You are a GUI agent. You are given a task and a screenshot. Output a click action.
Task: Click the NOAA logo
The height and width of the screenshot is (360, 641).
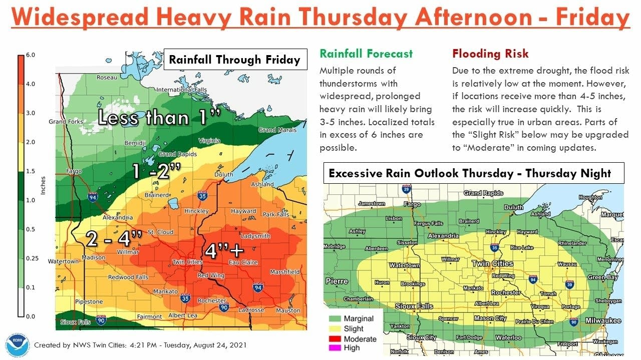point(18,345)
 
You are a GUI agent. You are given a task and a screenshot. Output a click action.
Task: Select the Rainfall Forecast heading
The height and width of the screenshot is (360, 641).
point(366,54)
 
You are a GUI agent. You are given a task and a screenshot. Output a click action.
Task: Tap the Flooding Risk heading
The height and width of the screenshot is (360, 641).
point(490,54)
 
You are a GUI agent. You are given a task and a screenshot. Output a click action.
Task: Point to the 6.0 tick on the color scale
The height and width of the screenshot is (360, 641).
point(30,55)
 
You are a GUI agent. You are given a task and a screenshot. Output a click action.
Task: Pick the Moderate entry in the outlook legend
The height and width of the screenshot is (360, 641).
point(360,339)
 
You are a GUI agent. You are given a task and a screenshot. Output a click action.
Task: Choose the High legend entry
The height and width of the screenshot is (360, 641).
point(352,348)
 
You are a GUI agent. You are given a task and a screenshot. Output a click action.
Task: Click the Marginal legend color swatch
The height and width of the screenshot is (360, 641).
point(335,319)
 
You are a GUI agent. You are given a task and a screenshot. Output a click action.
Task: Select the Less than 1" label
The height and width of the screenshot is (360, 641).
point(159,118)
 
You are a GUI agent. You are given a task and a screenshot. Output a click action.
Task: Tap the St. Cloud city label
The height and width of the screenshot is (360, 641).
point(161,232)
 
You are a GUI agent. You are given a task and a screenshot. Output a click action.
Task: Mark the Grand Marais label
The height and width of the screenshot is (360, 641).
point(277,130)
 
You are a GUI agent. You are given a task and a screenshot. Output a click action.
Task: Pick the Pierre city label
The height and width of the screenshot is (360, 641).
point(337,281)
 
